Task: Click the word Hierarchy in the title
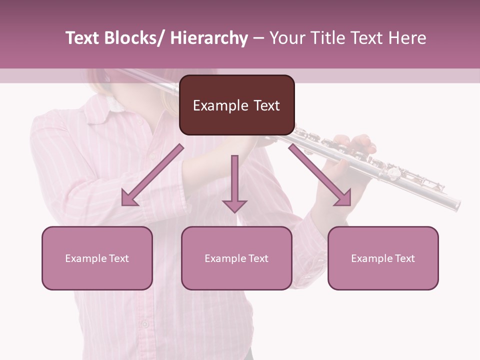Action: (x=208, y=38)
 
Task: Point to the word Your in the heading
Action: (x=286, y=38)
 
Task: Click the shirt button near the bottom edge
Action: (x=144, y=323)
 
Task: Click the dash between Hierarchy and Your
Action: (x=258, y=38)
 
